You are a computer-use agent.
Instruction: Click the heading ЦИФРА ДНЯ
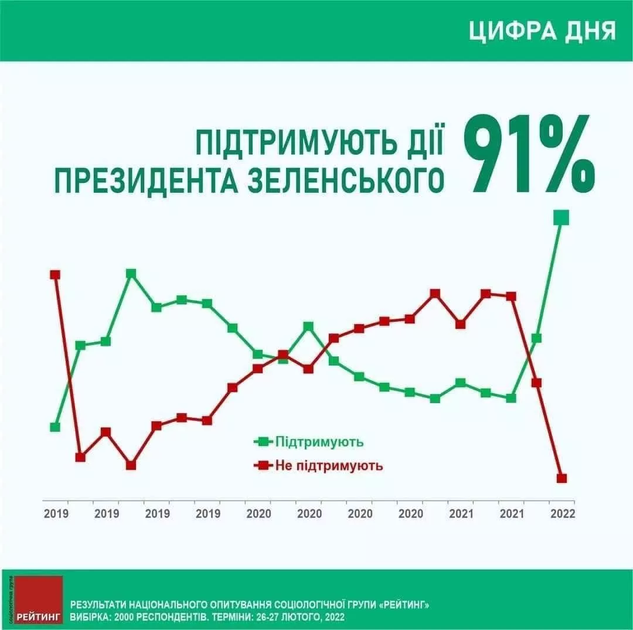coord(542,31)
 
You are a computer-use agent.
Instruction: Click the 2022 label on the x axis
coord(562,513)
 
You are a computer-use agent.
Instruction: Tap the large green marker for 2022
coord(561,218)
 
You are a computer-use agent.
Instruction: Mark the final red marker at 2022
coord(561,478)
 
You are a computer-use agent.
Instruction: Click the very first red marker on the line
coord(55,275)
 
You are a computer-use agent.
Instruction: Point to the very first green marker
coord(55,427)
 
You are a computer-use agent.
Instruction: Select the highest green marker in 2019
coord(131,274)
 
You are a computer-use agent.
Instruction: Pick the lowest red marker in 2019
coord(131,465)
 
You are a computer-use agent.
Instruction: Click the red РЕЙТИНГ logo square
coord(39,600)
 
